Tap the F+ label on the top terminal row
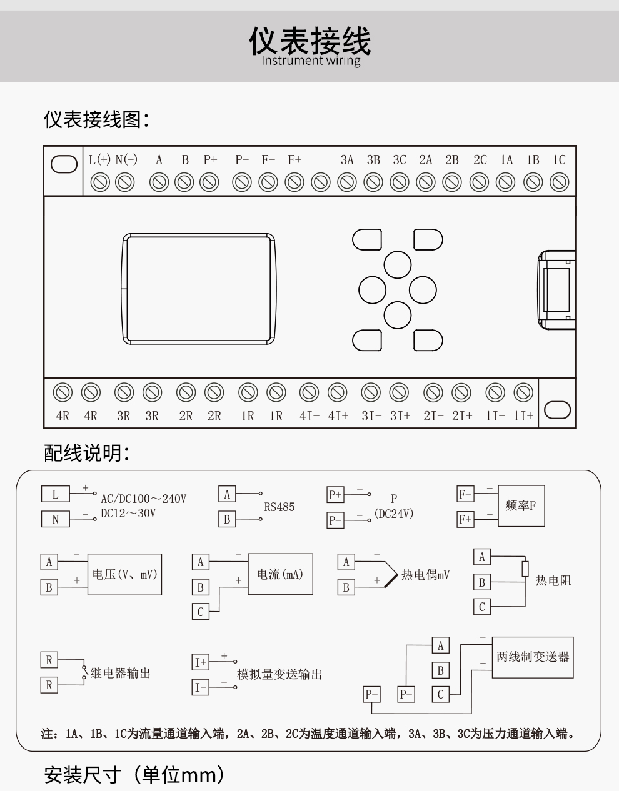(294, 160)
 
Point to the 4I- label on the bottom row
(309, 416)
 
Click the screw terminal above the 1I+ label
(523, 392)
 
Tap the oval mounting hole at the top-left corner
(64, 164)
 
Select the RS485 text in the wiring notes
(279, 507)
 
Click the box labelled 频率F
(521, 506)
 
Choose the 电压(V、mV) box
(124, 574)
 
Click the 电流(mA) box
(279, 574)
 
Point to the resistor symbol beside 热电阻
(525, 569)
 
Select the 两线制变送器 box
(533, 657)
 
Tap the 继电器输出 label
(121, 674)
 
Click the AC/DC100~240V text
(144, 499)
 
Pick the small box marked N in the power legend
(56, 519)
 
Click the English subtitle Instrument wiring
(311, 61)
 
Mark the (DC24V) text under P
(394, 514)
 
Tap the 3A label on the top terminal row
(347, 160)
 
